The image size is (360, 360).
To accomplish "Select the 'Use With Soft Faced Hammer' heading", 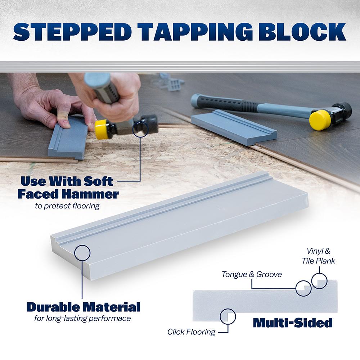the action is [x=68, y=188].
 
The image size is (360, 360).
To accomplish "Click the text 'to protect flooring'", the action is [x=67, y=206].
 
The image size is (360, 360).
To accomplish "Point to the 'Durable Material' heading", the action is [x=84, y=307].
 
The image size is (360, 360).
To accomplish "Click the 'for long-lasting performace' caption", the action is [x=82, y=319].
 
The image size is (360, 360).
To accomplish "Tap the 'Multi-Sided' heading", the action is [x=293, y=323].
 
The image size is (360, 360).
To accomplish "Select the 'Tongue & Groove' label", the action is [x=252, y=274].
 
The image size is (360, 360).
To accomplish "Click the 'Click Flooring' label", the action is [x=191, y=332].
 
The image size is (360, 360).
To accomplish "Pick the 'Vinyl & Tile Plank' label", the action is [x=319, y=256].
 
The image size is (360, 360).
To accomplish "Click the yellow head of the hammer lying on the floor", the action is [x=320, y=120].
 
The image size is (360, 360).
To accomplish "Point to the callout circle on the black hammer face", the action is [x=140, y=129].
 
